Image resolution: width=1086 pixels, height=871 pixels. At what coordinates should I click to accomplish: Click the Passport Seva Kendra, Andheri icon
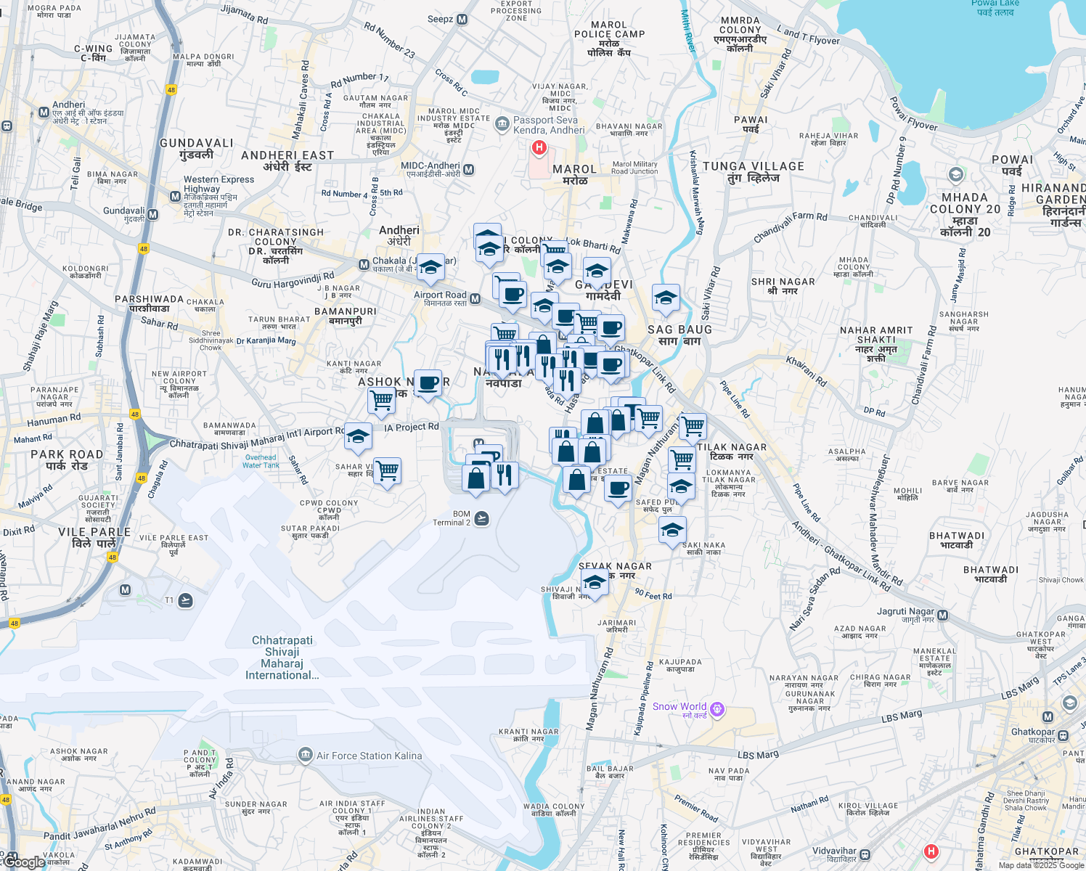[x=502, y=124]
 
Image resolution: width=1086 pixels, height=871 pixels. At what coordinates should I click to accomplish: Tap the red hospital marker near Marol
[x=539, y=148]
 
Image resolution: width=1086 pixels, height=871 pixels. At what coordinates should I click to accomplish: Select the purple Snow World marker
[x=717, y=708]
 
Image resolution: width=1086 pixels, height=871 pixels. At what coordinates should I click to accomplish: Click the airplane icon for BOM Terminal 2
[x=481, y=518]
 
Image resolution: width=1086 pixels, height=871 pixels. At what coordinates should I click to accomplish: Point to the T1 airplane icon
[x=186, y=600]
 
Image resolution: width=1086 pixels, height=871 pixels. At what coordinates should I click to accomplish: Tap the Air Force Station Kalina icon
[x=306, y=756]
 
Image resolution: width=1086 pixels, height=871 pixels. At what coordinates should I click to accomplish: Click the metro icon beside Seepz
[x=462, y=20]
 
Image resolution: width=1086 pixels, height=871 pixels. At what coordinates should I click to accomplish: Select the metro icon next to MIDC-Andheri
[x=468, y=170]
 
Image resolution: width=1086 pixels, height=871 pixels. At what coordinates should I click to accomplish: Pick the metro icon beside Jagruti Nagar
[x=942, y=616]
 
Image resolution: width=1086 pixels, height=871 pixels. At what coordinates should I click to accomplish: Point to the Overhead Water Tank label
[x=261, y=461]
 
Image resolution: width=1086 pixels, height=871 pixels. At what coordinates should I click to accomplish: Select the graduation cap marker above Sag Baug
[x=666, y=298]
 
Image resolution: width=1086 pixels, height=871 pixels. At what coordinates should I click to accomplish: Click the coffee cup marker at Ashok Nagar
[x=428, y=383]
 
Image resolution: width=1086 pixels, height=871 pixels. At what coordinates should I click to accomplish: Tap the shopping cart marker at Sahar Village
[x=387, y=470]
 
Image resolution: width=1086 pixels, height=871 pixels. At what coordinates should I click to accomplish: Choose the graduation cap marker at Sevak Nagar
[x=595, y=582]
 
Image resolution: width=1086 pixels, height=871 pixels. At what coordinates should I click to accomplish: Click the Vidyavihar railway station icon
[x=865, y=855]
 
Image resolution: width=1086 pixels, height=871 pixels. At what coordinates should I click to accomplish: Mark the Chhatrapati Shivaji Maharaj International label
[x=282, y=658]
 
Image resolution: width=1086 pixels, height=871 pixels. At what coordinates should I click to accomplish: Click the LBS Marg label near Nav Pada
[x=758, y=755]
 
